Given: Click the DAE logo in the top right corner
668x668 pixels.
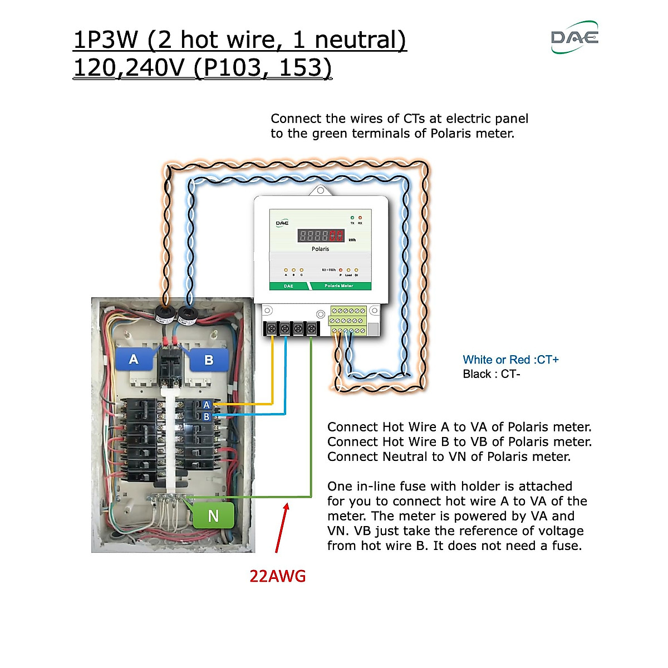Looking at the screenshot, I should pos(574,37).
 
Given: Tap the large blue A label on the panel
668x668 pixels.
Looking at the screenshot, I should pos(134,359).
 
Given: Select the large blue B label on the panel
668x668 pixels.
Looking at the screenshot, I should pos(209,360).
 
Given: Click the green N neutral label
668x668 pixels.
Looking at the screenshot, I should pos(213,516).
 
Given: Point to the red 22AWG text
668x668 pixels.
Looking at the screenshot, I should pos(277,576).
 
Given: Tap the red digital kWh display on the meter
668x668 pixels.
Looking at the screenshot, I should pos(321,235).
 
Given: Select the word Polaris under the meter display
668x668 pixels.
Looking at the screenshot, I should pos(320,249).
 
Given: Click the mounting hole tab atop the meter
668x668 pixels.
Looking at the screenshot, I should pos(321,190).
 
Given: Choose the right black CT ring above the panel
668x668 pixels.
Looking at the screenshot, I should pos(187,317).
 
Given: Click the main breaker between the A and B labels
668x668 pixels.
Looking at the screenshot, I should pos(170,367).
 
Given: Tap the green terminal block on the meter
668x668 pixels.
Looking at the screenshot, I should pos(348,321).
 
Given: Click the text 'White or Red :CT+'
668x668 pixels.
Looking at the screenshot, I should pos(510,360).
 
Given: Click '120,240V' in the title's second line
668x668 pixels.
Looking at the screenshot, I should pos(129,68).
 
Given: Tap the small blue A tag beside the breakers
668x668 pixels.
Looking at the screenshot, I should pos(207,405).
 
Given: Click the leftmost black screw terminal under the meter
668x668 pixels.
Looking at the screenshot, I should pos(271,329).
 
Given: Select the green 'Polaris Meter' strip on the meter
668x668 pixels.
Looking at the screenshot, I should pos(338,286).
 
